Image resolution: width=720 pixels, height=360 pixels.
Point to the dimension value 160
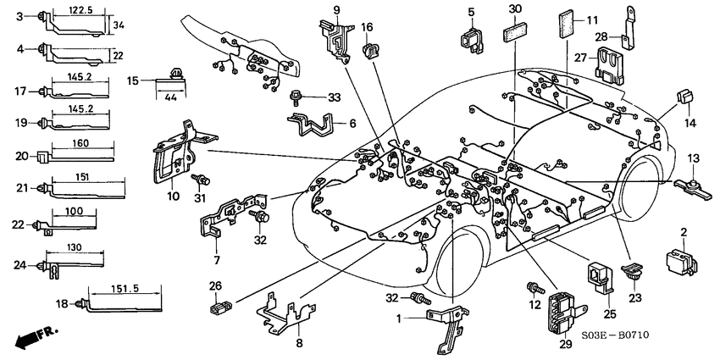(81, 143)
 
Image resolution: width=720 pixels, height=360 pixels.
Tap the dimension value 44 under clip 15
(172, 97)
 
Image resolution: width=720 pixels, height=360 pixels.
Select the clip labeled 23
(631, 273)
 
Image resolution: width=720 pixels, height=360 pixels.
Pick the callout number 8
(298, 343)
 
